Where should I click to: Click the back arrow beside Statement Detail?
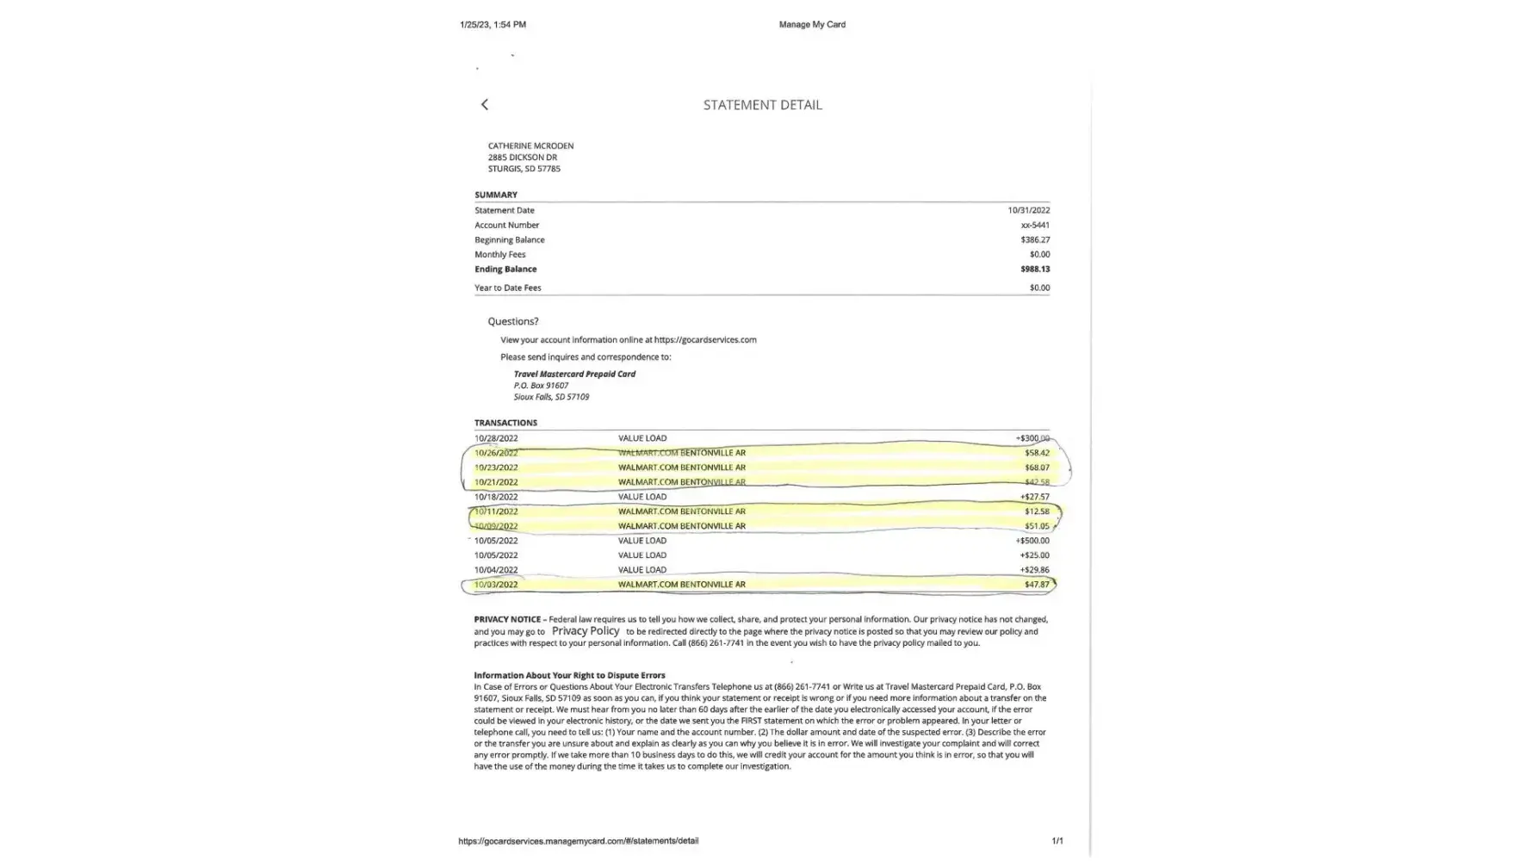pyautogui.click(x=485, y=104)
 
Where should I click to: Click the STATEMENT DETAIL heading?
pyautogui.click(x=762, y=105)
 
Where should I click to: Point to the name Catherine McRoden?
pyautogui.click(x=530, y=146)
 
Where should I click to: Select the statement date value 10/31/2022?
pyautogui.click(x=1028, y=210)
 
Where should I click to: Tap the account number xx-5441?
pyautogui.click(x=1034, y=225)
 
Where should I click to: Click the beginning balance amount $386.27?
pyautogui.click(x=1035, y=239)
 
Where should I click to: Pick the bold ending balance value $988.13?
pyautogui.click(x=1035, y=269)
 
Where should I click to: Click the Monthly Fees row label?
pyautogui.click(x=499, y=254)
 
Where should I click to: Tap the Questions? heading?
pyautogui.click(x=512, y=321)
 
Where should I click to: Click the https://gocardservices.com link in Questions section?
pyautogui.click(x=704, y=339)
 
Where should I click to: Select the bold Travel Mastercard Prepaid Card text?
pyautogui.click(x=574, y=374)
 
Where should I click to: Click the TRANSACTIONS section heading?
pyautogui.click(x=505, y=423)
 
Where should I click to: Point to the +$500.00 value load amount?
pyautogui.click(x=1032, y=541)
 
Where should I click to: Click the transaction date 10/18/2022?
pyautogui.click(x=496, y=497)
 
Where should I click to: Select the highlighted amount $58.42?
pyautogui.click(x=1037, y=453)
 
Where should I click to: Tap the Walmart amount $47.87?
pyautogui.click(x=1037, y=585)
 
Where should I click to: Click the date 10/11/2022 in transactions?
pyautogui.click(x=496, y=511)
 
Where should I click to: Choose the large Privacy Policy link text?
pyautogui.click(x=586, y=631)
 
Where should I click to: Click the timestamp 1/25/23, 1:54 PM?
pyautogui.click(x=493, y=24)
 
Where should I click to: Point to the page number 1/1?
pyautogui.click(x=1057, y=840)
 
